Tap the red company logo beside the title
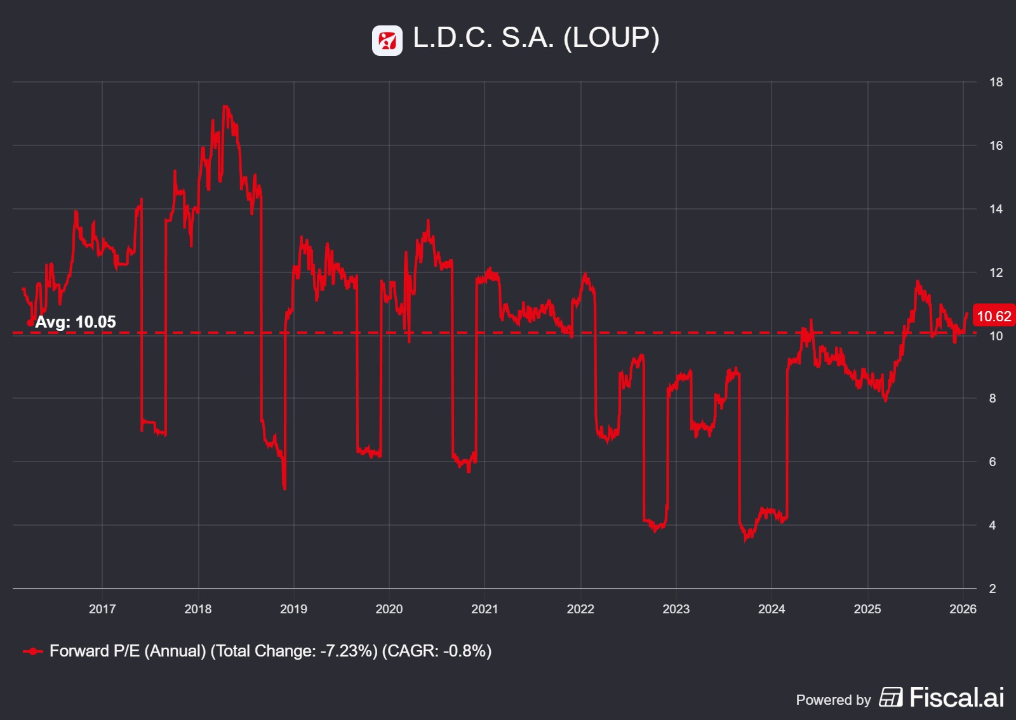click(387, 41)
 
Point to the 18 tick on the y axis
click(996, 82)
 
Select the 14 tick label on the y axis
click(996, 209)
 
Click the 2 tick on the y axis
click(993, 589)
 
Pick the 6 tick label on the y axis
click(993, 462)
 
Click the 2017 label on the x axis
click(102, 609)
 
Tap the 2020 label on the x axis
click(389, 609)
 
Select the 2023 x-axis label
click(676, 609)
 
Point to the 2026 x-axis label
click(963, 609)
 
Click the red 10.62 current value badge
click(994, 316)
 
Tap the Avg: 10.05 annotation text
click(76, 322)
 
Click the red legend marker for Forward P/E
click(32, 651)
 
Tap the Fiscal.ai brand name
click(956, 698)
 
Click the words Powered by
click(833, 700)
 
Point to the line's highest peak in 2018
click(225, 107)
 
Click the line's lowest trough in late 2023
click(747, 540)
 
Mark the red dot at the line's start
click(30, 323)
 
